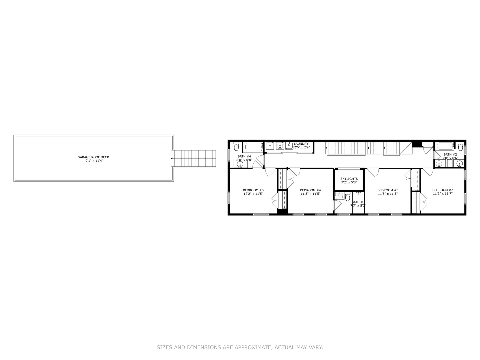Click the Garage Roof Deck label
coord(93,157)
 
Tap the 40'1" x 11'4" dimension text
coord(93,161)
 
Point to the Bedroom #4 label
coord(310,190)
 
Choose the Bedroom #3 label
coord(388,190)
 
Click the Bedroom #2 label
coord(443,190)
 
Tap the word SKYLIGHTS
coord(349,179)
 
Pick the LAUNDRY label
coord(301,144)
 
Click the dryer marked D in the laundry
coord(270,146)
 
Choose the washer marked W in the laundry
coord(280,146)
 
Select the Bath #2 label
coord(450,154)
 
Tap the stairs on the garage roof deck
coord(194,158)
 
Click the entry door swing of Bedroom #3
coord(373,173)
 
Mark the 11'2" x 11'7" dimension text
coord(443,194)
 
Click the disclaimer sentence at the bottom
coord(240,347)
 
